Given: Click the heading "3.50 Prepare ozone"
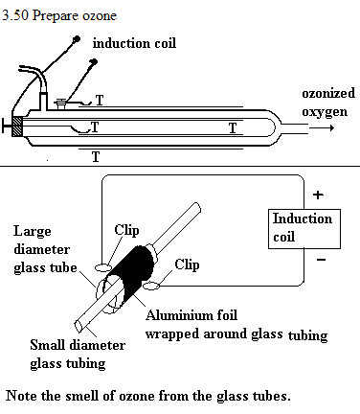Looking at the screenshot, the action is (x=59, y=15).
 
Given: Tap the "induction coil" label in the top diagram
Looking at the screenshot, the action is (x=134, y=43).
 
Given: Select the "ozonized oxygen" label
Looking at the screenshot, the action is (x=328, y=103).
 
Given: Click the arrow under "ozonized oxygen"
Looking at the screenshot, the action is (x=322, y=128).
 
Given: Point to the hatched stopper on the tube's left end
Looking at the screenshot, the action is (x=17, y=126).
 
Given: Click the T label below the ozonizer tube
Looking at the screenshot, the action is (x=96, y=157).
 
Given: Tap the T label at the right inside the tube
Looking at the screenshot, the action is (x=233, y=128).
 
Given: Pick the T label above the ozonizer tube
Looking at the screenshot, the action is (x=100, y=101).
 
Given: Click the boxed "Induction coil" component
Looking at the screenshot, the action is (x=304, y=229).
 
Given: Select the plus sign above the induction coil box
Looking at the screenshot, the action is (x=318, y=195).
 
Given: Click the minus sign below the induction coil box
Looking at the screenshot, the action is (x=321, y=260).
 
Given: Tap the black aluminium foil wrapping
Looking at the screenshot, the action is (x=134, y=271).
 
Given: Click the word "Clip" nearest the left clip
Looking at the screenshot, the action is (x=126, y=230).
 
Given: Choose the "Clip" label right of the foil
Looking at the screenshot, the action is (x=187, y=264).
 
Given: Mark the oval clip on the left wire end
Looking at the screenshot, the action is (x=102, y=267).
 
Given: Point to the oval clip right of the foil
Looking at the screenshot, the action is (x=150, y=286).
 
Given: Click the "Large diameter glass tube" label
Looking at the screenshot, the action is (x=45, y=249).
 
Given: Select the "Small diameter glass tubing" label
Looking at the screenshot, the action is (x=78, y=355).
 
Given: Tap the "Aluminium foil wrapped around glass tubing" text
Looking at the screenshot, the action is (x=236, y=325).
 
